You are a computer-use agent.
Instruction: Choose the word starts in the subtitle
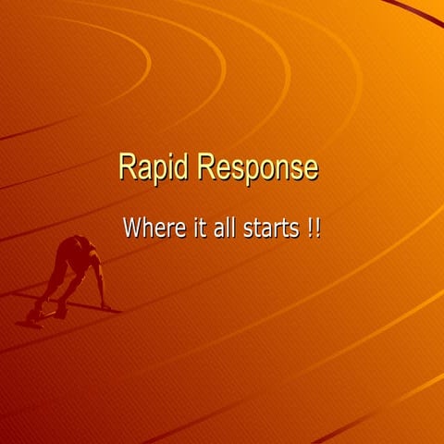point(270,228)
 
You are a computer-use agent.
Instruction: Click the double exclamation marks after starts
point(314,228)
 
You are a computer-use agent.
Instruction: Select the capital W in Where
point(132,228)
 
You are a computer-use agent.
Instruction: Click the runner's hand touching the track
point(105,305)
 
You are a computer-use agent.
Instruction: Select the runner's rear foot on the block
point(34,315)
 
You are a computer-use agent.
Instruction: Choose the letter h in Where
point(148,228)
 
